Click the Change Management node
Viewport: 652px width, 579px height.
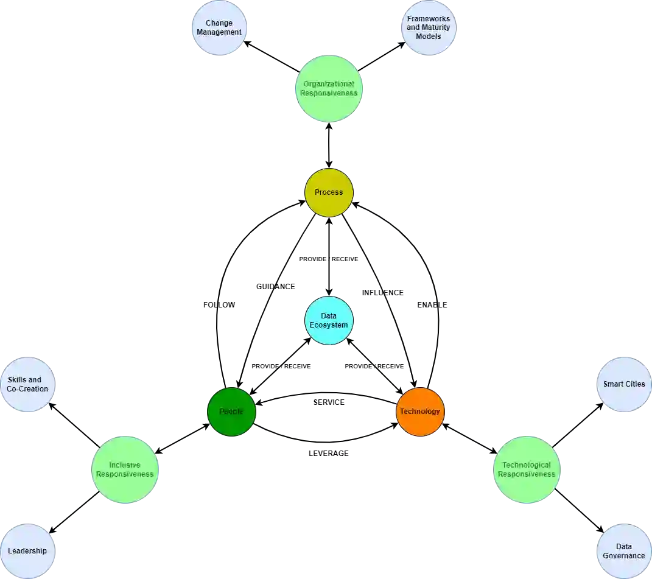(219, 29)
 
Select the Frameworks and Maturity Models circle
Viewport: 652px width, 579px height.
(429, 29)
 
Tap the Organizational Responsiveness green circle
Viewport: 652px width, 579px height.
(329, 89)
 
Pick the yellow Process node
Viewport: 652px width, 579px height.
(329, 192)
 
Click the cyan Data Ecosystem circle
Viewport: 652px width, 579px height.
(329, 321)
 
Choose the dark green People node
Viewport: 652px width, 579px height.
(231, 412)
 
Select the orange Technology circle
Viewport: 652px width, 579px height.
(420, 412)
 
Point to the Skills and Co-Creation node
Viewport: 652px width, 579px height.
(27, 385)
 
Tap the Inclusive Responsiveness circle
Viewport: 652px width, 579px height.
(125, 469)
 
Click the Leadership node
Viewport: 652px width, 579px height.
(27, 551)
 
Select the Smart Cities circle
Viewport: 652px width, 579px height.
(624, 385)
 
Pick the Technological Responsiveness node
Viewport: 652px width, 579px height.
(526, 469)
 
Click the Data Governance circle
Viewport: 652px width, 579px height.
(624, 551)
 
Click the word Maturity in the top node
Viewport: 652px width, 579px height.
(436, 27)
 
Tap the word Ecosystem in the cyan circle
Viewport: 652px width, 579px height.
(329, 325)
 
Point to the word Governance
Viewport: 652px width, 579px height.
(624, 556)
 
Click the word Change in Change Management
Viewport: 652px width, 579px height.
(219, 24)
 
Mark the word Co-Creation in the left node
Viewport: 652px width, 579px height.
(27, 389)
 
